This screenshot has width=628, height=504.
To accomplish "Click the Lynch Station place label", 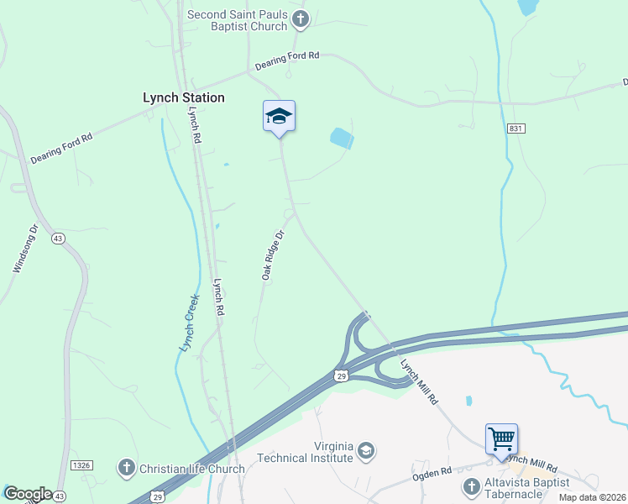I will tap(183, 97).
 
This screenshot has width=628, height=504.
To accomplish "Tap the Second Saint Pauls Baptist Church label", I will tap(237, 21).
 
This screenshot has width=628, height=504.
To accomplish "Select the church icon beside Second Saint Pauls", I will tap(301, 18).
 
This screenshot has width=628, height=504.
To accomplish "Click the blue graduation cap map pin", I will tap(279, 117).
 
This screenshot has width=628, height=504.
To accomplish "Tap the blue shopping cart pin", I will tap(501, 438).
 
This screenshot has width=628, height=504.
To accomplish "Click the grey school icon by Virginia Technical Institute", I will tap(365, 452).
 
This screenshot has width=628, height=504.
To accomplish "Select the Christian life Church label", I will tap(192, 469).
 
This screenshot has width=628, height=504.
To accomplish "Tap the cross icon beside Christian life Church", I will tap(126, 468).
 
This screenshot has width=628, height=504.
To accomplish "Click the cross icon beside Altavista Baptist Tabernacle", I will tap(471, 486).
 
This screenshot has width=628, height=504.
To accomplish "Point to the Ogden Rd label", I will tap(432, 473).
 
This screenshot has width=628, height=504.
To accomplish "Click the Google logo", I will tap(27, 494).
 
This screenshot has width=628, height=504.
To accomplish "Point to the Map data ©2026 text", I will tap(591, 497).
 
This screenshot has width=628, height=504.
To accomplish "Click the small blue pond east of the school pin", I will tap(341, 138).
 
